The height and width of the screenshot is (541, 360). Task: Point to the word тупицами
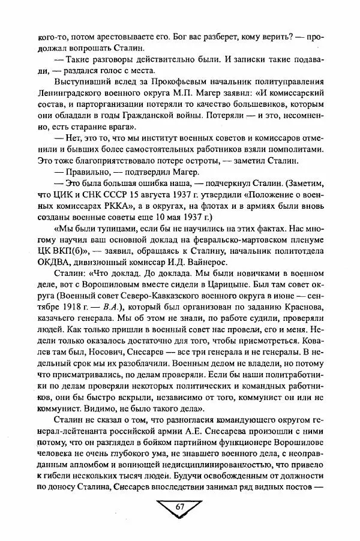tap(106, 229)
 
